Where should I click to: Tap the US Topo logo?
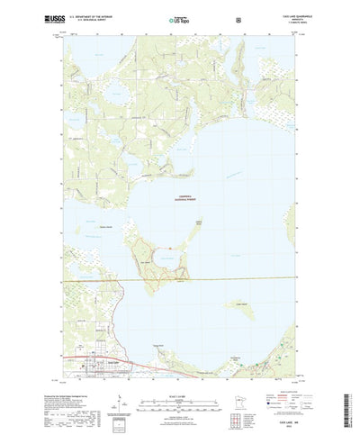179,18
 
